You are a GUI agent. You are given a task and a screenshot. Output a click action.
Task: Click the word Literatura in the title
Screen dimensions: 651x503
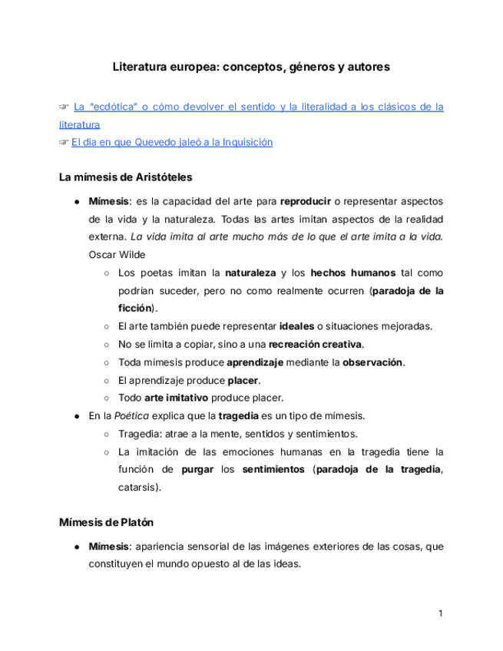pos(140,68)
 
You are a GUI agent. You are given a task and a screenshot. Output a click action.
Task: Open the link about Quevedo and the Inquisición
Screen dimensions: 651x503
pos(172,142)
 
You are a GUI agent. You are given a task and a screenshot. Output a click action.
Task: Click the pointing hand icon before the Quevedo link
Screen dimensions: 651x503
pos(65,142)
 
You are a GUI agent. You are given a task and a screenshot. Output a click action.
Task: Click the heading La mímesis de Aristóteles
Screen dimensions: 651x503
pos(125,177)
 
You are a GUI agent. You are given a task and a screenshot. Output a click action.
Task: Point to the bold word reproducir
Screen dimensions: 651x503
pos(306,202)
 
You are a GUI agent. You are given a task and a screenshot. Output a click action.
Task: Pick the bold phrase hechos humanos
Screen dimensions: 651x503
pos(355,273)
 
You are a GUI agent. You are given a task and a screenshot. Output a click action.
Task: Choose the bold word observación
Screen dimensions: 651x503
pos(372,362)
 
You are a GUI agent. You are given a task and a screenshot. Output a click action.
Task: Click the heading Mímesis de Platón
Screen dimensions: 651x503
pos(107,523)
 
